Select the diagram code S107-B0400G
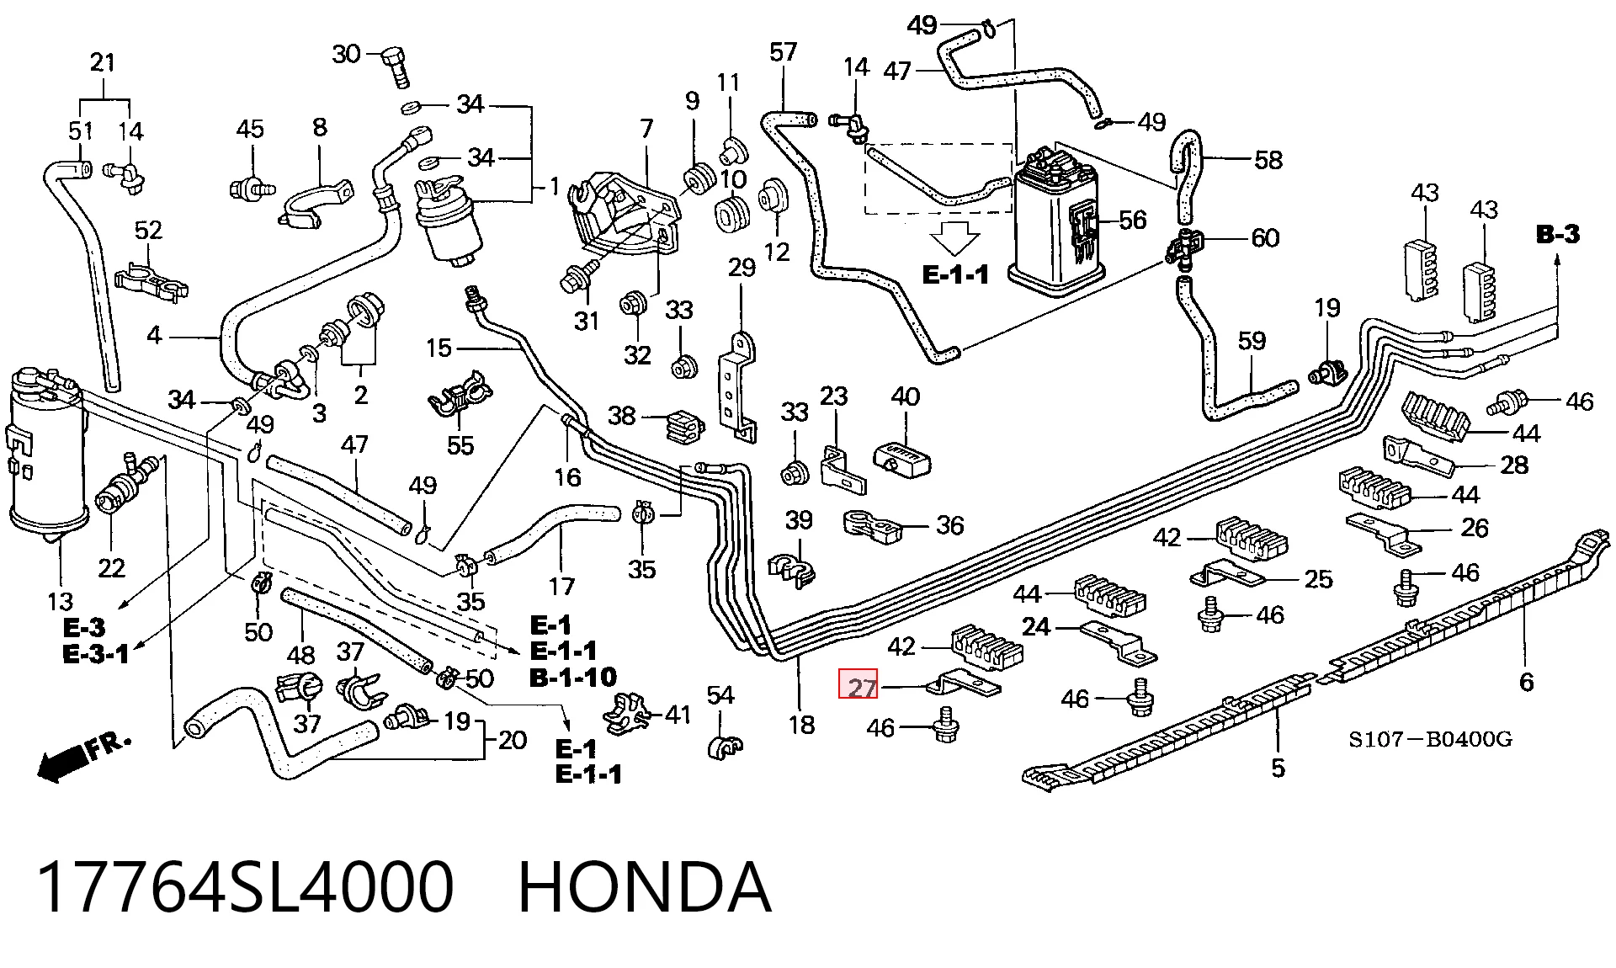coord(1431,740)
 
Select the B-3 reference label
coord(1558,235)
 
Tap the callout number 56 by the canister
coord(1132,221)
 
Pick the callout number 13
coord(61,602)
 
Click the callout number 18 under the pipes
coord(801,724)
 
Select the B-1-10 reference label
coord(573,677)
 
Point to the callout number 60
coord(1265,238)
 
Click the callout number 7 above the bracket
coord(646,130)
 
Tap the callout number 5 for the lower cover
coord(1278,768)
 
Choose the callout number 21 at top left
coord(102,62)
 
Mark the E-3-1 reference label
coord(97,654)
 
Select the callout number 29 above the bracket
coord(742,269)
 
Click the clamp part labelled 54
coord(725,745)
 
